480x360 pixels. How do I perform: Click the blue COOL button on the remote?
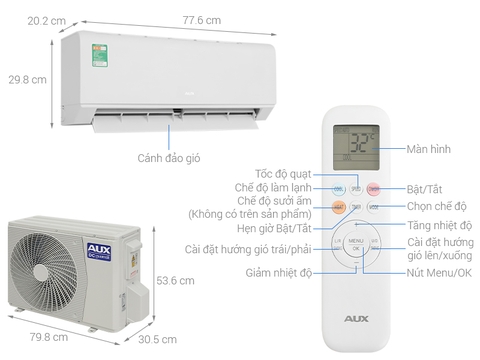click(x=339, y=188)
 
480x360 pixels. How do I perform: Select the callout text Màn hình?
click(x=429, y=149)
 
